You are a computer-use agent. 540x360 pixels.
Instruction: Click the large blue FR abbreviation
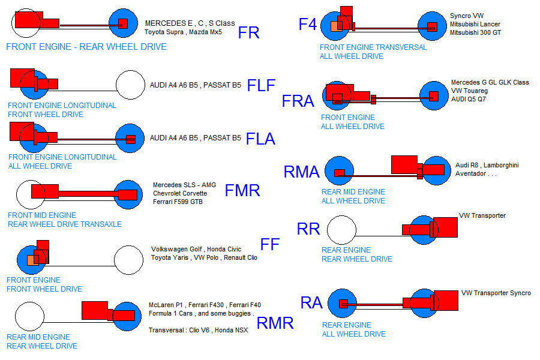click(x=249, y=32)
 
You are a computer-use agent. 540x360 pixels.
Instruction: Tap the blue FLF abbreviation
click(x=261, y=86)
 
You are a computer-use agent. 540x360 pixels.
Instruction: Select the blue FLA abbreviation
click(x=261, y=139)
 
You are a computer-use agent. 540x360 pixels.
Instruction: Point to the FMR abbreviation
click(x=242, y=191)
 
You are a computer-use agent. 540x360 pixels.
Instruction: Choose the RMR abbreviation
click(x=275, y=323)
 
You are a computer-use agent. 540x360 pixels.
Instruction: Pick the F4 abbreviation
click(x=308, y=25)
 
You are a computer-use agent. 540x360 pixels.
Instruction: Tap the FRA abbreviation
click(x=298, y=101)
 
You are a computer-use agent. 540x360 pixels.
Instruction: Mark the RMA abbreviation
click(x=301, y=173)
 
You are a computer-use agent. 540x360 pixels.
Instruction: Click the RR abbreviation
click(x=308, y=229)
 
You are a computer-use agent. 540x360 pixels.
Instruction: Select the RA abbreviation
click(x=311, y=303)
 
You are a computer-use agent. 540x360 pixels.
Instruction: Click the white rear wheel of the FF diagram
click(x=128, y=260)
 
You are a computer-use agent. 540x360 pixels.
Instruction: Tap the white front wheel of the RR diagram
click(x=341, y=231)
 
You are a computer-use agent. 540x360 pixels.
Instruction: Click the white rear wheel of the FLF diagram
click(x=131, y=85)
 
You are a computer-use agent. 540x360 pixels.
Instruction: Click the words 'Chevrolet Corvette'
click(x=180, y=194)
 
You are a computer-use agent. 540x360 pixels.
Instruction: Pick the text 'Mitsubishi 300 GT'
click(x=475, y=32)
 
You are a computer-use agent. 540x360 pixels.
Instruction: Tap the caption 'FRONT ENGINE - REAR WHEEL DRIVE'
click(x=86, y=47)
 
